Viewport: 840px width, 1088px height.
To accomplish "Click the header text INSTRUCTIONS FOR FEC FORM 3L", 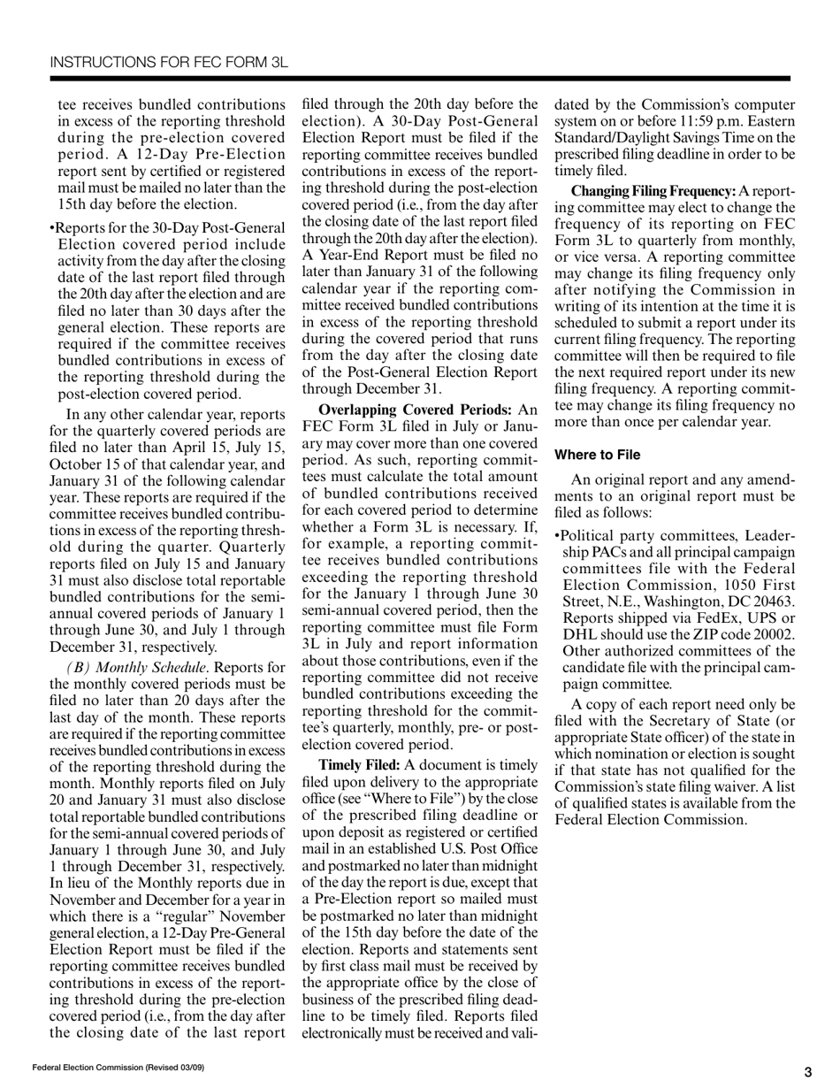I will tap(169, 62).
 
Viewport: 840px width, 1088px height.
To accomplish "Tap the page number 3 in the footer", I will tap(807, 1072).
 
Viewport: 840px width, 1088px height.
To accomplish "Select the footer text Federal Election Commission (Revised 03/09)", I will tap(118, 1068).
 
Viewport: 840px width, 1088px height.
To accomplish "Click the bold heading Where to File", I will tap(597, 455).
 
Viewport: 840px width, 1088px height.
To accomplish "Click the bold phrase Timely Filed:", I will tap(359, 764).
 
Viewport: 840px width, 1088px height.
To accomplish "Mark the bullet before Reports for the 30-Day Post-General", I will tap(52, 228).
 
